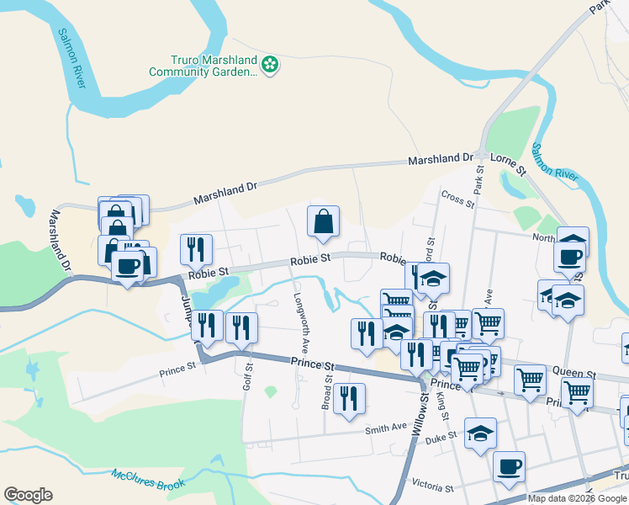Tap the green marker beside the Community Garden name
coord(270,64)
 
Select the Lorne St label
coord(508,163)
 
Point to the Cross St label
coord(458,199)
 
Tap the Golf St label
coord(248,370)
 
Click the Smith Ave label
coord(385,429)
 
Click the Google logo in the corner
coord(28,495)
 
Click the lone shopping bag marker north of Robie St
coord(324,222)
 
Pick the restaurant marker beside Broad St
coord(349,398)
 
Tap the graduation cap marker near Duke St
coord(480,433)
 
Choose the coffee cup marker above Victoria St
coord(509,466)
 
